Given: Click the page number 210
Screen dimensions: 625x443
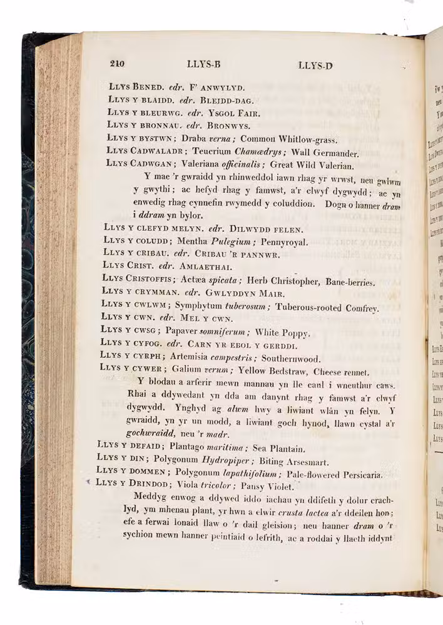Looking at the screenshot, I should point(118,62).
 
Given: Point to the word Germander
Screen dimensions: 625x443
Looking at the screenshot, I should point(335,153).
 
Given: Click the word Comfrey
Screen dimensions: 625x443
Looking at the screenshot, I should point(360,308).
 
